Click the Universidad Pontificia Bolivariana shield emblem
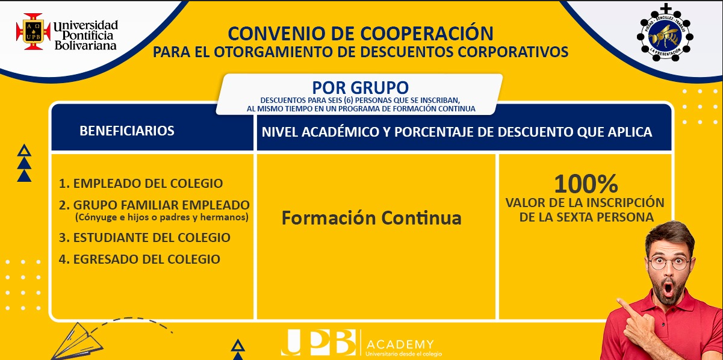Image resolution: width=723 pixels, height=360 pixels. (34, 32)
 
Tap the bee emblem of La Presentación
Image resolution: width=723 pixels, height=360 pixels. (665, 36)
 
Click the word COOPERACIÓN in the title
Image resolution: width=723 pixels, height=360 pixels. (427, 33)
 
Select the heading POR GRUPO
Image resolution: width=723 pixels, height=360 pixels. (360, 87)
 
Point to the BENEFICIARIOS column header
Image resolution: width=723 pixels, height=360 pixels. (127, 131)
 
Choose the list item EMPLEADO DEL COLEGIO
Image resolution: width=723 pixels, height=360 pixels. (141, 184)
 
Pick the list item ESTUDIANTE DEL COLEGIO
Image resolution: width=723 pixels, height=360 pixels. (144, 238)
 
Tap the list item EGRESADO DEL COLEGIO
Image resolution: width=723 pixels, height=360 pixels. (140, 259)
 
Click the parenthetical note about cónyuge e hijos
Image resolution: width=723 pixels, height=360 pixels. (162, 217)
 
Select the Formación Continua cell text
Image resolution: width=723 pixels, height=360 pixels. (371, 218)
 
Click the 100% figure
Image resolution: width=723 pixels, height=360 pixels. (586, 184)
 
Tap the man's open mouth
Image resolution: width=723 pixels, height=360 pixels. (668, 288)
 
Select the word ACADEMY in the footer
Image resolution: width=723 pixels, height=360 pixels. (400, 344)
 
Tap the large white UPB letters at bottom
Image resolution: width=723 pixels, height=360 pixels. (318, 343)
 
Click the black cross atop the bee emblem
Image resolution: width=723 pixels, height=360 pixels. (665, 8)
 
